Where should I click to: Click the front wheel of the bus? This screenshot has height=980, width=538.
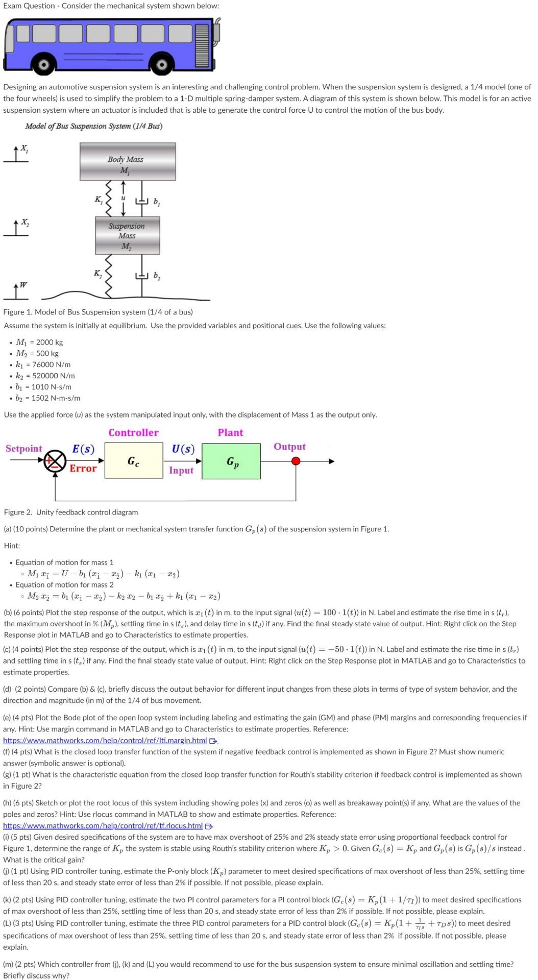162,65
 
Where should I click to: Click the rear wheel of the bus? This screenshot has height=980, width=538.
44,65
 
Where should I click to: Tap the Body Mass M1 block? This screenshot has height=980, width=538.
128,161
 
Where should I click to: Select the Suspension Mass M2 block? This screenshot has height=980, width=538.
128,235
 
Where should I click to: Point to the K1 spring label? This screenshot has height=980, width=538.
98,200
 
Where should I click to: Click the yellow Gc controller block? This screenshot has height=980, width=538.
133,461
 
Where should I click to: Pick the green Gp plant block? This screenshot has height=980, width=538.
231,461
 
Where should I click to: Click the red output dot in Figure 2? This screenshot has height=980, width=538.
296,461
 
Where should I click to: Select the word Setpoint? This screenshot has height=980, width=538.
23,449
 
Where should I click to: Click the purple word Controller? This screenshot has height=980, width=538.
133,432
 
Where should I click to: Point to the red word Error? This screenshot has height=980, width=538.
83,468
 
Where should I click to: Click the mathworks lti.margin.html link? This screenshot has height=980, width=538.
105,740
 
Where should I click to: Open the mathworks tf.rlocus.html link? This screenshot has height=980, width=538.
103,825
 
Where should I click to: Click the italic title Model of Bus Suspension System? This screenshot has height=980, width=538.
93,126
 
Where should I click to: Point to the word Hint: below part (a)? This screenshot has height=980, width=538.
12,546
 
